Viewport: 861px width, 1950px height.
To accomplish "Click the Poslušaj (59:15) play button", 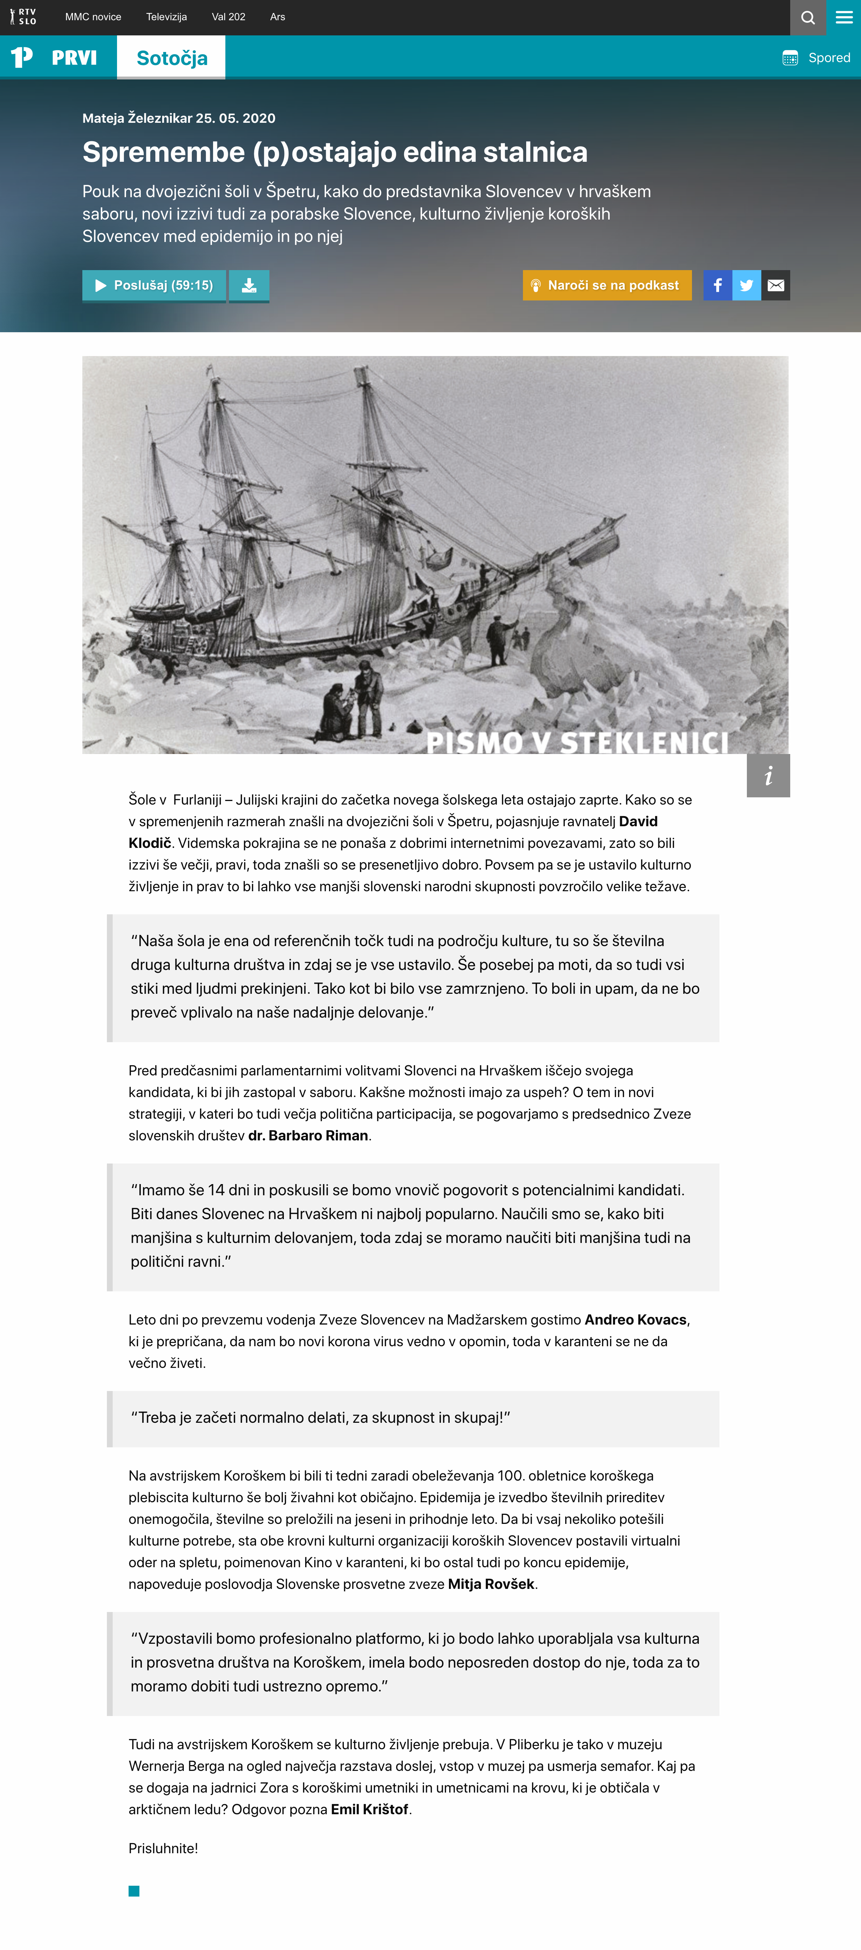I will [154, 285].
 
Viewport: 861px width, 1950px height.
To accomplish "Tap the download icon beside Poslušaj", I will [249, 285].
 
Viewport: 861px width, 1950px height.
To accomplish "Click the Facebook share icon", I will [717, 285].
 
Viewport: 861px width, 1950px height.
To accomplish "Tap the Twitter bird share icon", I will [747, 285].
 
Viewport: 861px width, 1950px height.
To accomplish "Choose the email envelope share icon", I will [775, 285].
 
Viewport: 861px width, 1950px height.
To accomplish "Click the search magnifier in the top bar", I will [808, 17].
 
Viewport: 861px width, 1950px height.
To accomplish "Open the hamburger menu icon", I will [844, 17].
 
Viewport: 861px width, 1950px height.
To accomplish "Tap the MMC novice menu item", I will [93, 17].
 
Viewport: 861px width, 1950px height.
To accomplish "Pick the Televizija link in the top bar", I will [166, 17].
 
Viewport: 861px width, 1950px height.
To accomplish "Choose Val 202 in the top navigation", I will [229, 17].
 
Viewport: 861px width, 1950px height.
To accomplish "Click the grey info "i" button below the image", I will [768, 775].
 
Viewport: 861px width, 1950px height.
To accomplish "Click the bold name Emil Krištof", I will [369, 1809].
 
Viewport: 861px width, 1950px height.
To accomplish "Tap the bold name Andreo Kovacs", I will [635, 1319].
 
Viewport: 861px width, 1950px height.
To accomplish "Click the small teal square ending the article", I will [134, 1891].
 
